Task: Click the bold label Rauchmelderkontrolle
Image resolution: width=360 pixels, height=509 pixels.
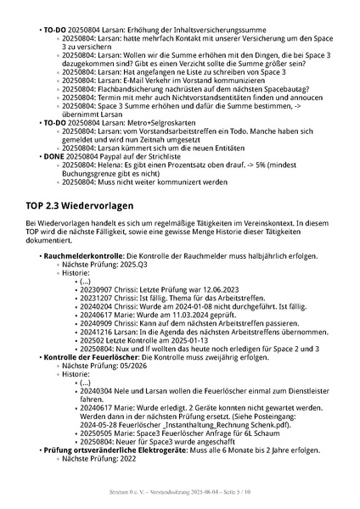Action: click(x=82, y=255)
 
